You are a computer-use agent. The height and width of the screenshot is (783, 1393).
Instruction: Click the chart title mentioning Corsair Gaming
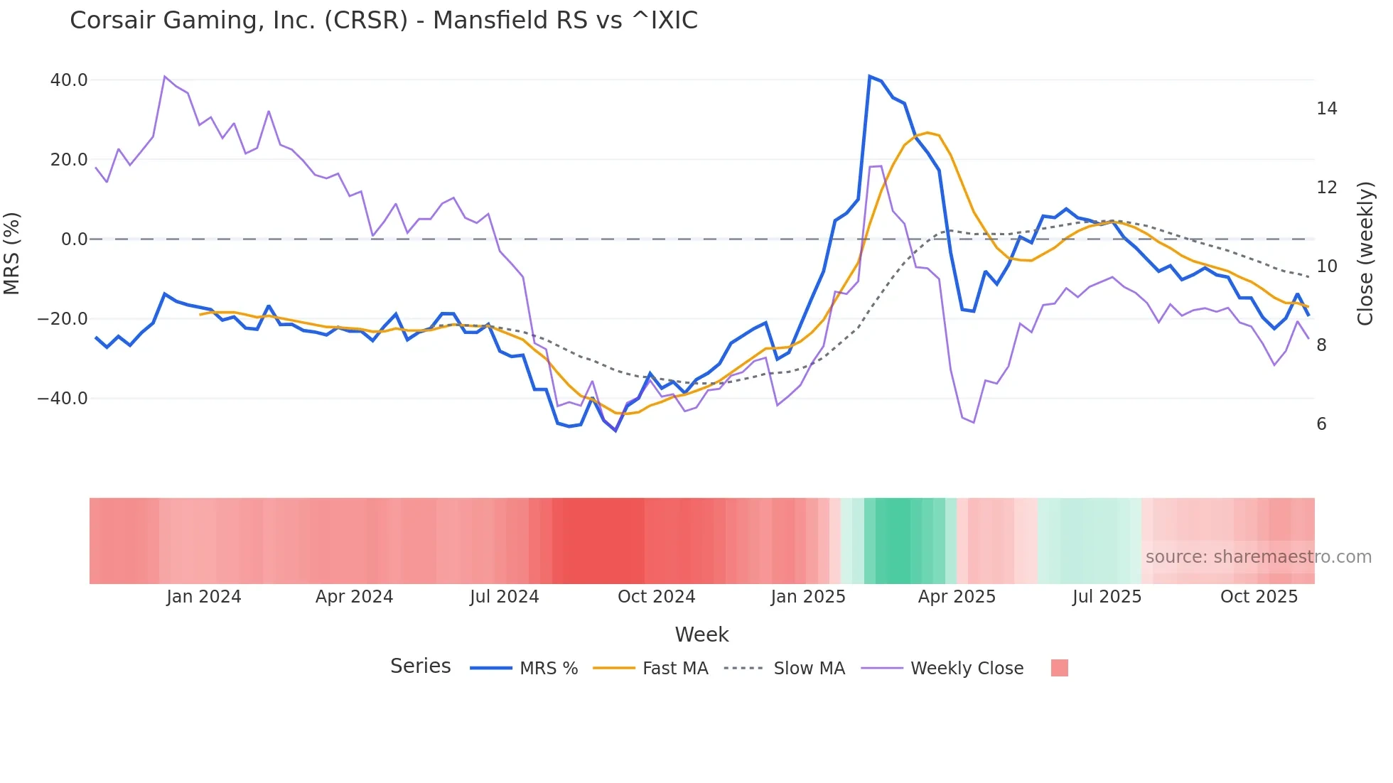pyautogui.click(x=384, y=21)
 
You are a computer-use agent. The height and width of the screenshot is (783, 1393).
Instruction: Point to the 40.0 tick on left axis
pyautogui.click(x=69, y=80)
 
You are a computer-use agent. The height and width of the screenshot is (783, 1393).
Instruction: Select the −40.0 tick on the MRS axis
pyautogui.click(x=63, y=399)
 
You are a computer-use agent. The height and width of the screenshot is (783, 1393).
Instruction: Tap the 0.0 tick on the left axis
pyautogui.click(x=75, y=239)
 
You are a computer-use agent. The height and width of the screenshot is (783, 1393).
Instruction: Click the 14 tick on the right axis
pyautogui.click(x=1326, y=109)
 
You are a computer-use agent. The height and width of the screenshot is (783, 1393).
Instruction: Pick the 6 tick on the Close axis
pyautogui.click(x=1321, y=424)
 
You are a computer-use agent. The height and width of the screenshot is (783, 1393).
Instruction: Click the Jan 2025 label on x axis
pyautogui.click(x=808, y=597)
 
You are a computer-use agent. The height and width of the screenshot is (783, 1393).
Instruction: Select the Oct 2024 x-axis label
pyautogui.click(x=656, y=597)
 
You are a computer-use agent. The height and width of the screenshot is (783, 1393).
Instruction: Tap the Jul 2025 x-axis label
pyautogui.click(x=1107, y=597)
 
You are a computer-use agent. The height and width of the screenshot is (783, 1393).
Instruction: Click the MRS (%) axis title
pyautogui.click(x=12, y=254)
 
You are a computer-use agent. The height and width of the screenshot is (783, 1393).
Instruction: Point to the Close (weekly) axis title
pyautogui.click(x=1365, y=254)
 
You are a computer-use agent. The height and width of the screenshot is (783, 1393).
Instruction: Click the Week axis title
pyautogui.click(x=701, y=634)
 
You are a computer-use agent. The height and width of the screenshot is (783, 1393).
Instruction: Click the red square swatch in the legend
pyautogui.click(x=1059, y=668)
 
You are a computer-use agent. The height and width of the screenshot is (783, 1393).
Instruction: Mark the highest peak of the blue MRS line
pyautogui.click(x=870, y=76)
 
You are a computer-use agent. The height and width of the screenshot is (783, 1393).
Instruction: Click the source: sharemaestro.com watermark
pyautogui.click(x=1258, y=557)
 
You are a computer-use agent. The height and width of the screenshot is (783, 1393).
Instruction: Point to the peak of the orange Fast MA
pyautogui.click(x=927, y=133)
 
